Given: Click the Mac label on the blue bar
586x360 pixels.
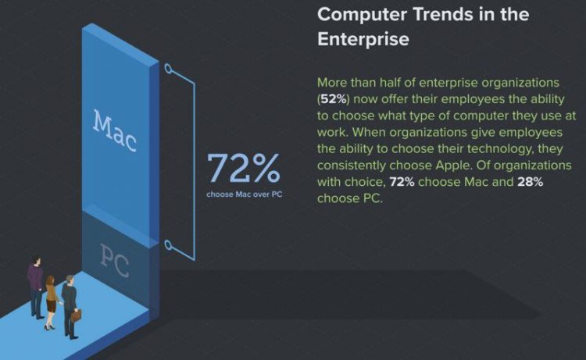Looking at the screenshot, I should pyautogui.click(x=114, y=130).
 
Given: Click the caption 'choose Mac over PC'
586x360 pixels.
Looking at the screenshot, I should pyautogui.click(x=243, y=194).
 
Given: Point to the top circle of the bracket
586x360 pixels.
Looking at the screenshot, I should pyautogui.click(x=166, y=69).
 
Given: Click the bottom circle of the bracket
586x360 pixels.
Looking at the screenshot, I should pyautogui.click(x=166, y=245).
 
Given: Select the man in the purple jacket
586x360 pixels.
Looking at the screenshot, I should pyautogui.click(x=35, y=285).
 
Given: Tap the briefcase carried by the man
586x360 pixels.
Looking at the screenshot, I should pyautogui.click(x=77, y=315).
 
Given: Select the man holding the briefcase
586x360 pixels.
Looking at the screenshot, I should pyautogui.click(x=68, y=303).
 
